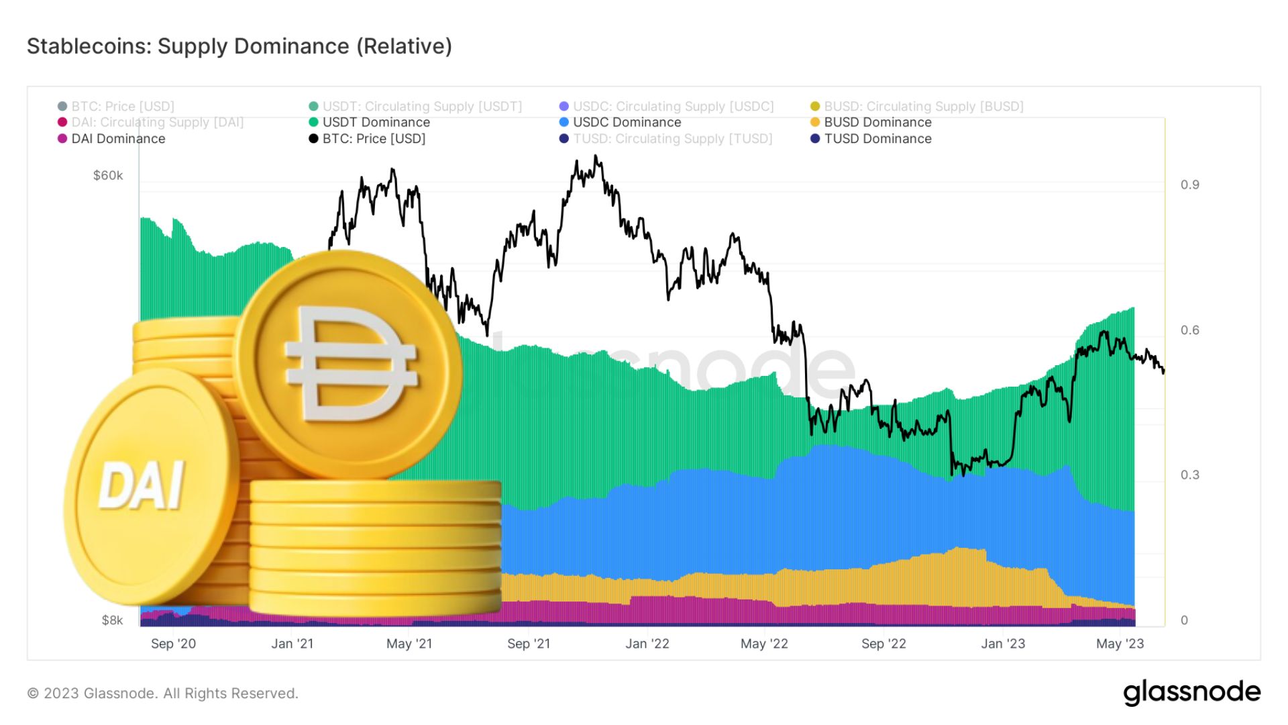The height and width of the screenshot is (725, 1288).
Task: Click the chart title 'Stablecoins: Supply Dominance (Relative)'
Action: [x=239, y=46]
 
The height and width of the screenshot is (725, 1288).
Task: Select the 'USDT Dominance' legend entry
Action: [x=376, y=122]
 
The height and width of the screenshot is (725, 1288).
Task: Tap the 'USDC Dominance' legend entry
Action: [x=627, y=122]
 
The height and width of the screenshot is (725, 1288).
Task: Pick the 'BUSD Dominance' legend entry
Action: [x=877, y=122]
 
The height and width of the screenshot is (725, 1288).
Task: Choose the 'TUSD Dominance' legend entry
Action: [x=877, y=138]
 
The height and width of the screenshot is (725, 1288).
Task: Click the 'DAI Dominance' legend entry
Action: [x=118, y=138]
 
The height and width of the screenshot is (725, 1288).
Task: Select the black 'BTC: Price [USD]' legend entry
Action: [x=374, y=138]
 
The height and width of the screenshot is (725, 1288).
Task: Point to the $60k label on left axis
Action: [x=108, y=176]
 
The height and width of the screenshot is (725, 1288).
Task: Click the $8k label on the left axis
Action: [x=112, y=620]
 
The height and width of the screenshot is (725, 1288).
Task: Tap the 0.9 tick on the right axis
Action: [x=1189, y=185]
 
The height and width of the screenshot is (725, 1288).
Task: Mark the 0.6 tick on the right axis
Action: [x=1189, y=330]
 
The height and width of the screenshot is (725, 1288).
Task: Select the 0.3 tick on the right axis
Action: [x=1189, y=475]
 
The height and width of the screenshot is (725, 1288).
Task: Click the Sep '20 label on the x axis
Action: [x=173, y=644]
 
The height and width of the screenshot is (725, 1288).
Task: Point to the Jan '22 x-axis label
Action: [x=647, y=644]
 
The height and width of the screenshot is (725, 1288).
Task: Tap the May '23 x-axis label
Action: [x=1120, y=644]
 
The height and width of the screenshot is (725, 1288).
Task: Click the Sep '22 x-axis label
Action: [x=883, y=644]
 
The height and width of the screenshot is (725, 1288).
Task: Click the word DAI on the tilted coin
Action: [x=142, y=485]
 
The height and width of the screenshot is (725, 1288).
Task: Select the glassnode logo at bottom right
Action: [x=1191, y=692]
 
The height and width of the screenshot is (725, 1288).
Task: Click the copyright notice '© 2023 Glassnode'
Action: [x=162, y=693]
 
